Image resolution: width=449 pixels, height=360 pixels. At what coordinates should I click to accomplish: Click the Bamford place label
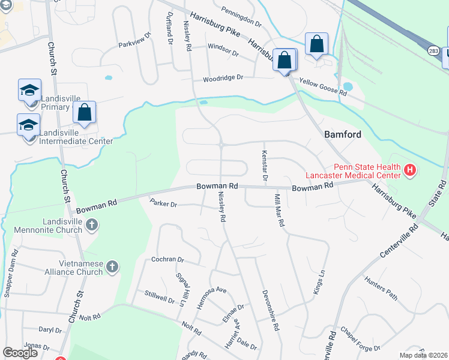(343, 134)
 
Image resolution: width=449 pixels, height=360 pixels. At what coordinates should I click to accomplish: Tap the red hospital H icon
(410, 170)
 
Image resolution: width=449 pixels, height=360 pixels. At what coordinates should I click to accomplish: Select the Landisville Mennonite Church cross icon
(91, 226)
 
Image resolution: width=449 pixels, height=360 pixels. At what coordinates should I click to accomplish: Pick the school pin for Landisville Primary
(29, 91)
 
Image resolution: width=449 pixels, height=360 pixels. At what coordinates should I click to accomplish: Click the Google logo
(20, 352)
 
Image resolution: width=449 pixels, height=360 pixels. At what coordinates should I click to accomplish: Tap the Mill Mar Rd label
(279, 210)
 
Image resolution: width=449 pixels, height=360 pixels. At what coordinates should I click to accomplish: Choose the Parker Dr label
(163, 204)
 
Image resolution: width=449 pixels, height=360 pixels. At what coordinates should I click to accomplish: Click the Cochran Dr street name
(167, 260)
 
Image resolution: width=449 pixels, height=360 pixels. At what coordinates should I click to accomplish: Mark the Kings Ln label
(318, 281)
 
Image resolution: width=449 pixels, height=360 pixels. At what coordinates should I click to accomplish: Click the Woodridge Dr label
(223, 78)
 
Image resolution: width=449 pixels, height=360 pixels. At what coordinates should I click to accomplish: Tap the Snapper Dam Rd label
(11, 273)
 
